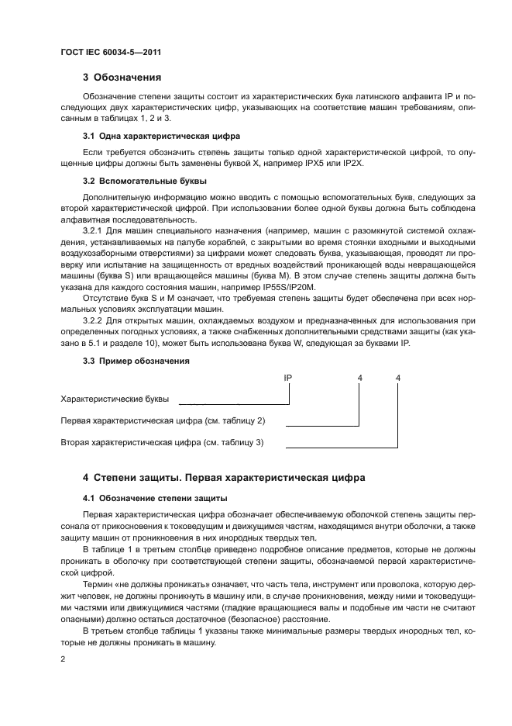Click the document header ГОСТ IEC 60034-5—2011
[110, 52]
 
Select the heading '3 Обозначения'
[122, 78]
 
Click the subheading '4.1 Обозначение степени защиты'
[154, 497]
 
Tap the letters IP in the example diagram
[287, 378]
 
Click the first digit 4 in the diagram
[359, 378]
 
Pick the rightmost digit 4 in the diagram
[398, 378]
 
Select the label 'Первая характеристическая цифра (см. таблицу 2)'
[163, 420]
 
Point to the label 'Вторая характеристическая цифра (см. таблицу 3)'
[163, 442]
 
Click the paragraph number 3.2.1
[94, 230]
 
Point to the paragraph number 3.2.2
[94, 320]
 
